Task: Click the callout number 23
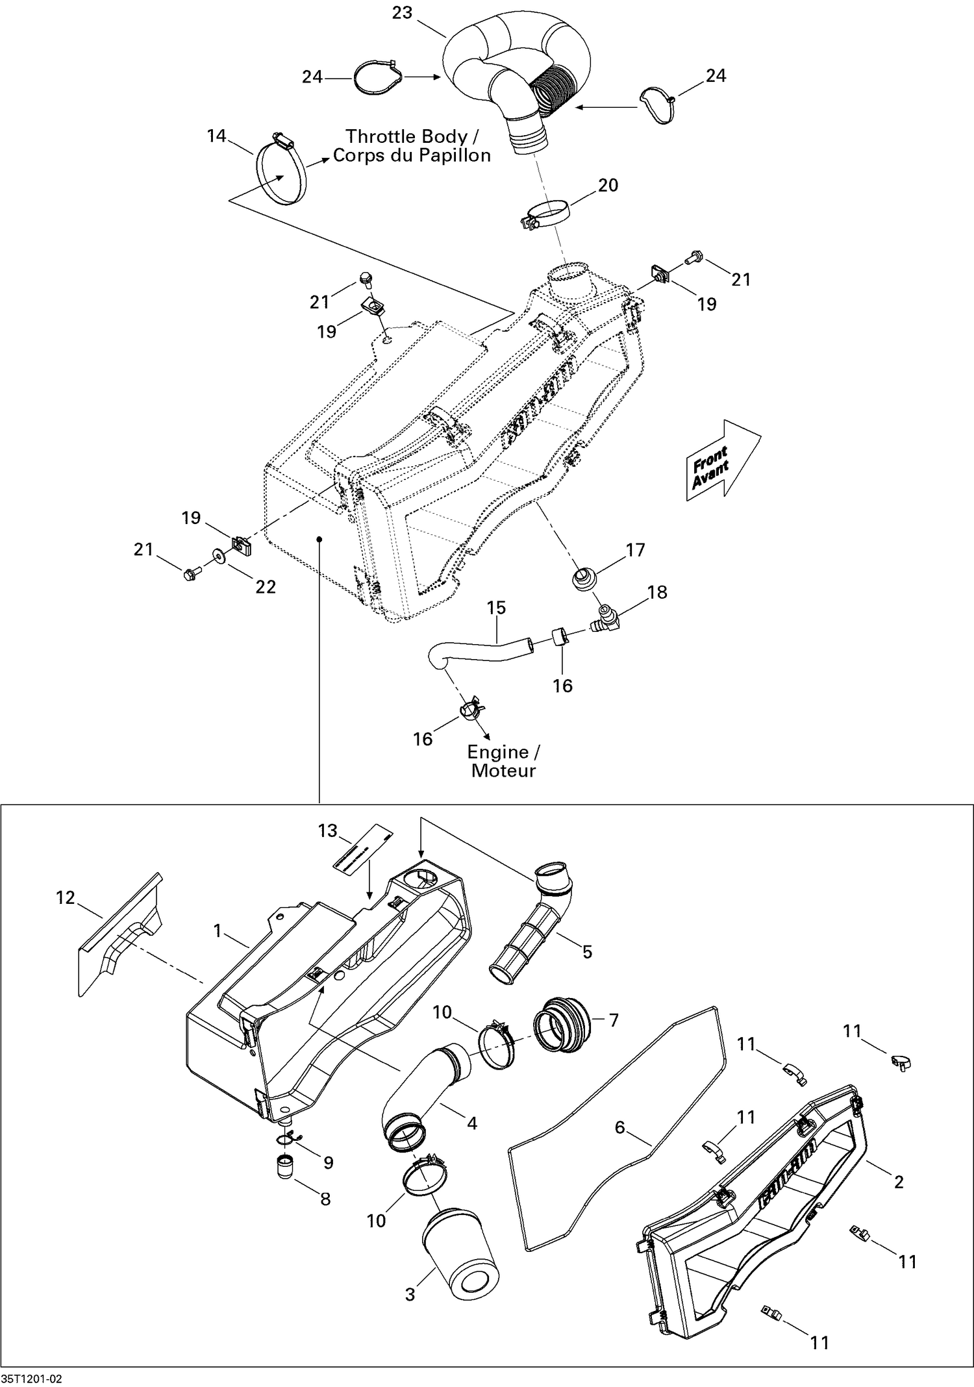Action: click(x=402, y=13)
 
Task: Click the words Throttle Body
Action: click(x=406, y=136)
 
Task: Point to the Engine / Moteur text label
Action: click(x=503, y=761)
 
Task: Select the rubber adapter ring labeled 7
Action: click(x=562, y=1028)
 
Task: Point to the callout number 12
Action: click(x=65, y=898)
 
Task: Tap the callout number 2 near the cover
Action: click(x=899, y=1182)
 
